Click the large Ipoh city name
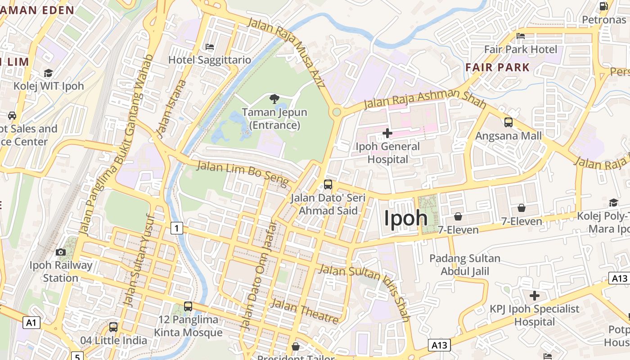pyautogui.click(x=405, y=218)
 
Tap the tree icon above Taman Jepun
pyautogui.click(x=274, y=99)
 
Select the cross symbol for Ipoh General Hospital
pyautogui.click(x=387, y=133)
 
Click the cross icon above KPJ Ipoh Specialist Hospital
pyautogui.click(x=534, y=296)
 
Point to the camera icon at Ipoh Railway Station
pyautogui.click(x=61, y=252)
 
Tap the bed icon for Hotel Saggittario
pyautogui.click(x=209, y=46)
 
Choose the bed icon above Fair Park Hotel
pyautogui.click(x=521, y=36)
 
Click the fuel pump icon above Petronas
pyautogui.click(x=604, y=6)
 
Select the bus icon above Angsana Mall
pyautogui.click(x=508, y=122)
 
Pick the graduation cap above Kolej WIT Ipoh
pyautogui.click(x=48, y=73)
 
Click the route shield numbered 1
pyautogui.click(x=177, y=229)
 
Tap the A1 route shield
pyautogui.click(x=31, y=322)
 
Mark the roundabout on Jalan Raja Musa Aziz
pyautogui.click(x=336, y=112)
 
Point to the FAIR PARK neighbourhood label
pyautogui.click(x=497, y=67)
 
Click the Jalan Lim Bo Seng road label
pyautogui.click(x=243, y=173)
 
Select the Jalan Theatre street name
pyautogui.click(x=305, y=311)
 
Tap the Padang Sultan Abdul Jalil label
pyautogui.click(x=465, y=265)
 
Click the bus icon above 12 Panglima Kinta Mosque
pyautogui.click(x=188, y=306)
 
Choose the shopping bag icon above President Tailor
pyautogui.click(x=296, y=346)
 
